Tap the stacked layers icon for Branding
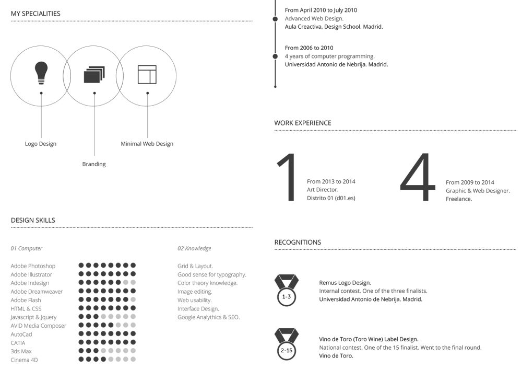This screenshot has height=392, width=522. pyautogui.click(x=94, y=75)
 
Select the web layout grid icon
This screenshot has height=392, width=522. pyautogui.click(x=147, y=74)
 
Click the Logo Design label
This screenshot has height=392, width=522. pyautogui.click(x=41, y=144)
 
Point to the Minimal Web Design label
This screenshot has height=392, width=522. pyautogui.click(x=147, y=144)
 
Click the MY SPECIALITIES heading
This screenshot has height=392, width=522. pyautogui.click(x=35, y=14)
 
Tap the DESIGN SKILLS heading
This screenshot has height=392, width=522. pyautogui.click(x=33, y=221)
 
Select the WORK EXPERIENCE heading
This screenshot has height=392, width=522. pyautogui.click(x=303, y=123)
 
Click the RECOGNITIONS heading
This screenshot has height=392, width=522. pyautogui.click(x=298, y=243)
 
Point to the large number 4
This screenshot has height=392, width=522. pyautogui.click(x=418, y=178)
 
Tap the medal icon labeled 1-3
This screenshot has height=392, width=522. pyautogui.click(x=287, y=290)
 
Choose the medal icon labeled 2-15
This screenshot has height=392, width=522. pyautogui.click(x=287, y=343)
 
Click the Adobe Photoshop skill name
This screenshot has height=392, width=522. pyautogui.click(x=33, y=266)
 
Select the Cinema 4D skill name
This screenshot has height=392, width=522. pyautogui.click(x=25, y=360)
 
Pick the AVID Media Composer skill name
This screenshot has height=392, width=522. pyautogui.click(x=39, y=326)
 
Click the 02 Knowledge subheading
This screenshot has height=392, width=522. pyautogui.click(x=194, y=249)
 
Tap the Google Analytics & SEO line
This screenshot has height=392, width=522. pyautogui.click(x=208, y=317)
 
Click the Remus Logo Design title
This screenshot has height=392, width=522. pyautogui.click(x=345, y=283)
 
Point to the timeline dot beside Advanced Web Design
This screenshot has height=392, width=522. pyautogui.click(x=275, y=19)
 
